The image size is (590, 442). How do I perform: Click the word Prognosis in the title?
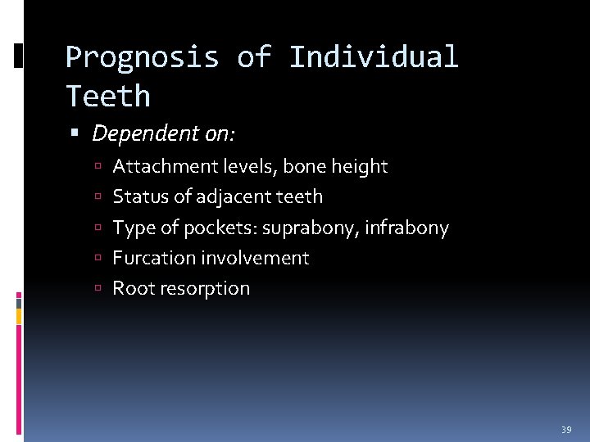point(142,57)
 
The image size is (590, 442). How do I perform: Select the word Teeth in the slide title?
point(107,97)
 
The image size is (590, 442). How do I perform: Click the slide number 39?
point(566,429)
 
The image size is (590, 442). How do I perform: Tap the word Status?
point(136,197)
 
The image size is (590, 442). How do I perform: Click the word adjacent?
point(230,197)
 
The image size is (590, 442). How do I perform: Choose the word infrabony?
point(406,228)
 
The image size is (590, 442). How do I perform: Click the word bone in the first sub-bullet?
point(305,167)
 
